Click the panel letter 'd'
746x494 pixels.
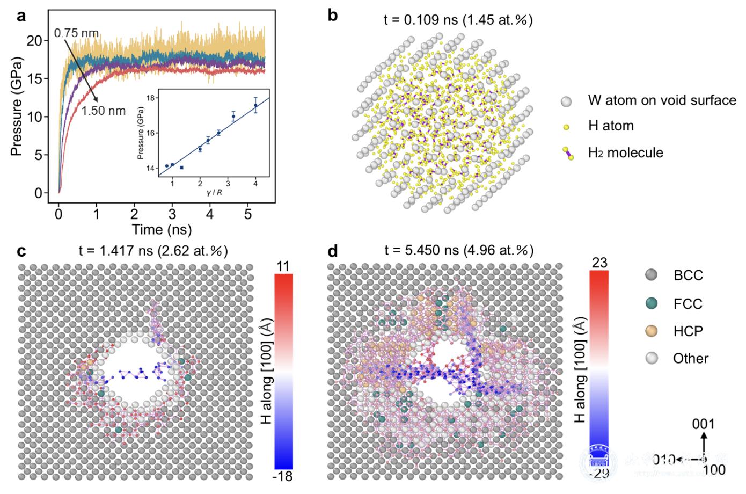(x=333, y=251)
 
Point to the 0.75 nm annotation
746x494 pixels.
(x=76, y=33)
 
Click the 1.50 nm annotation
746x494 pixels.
(x=104, y=111)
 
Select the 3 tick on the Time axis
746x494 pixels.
(x=172, y=215)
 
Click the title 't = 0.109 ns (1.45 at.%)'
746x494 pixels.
(x=458, y=20)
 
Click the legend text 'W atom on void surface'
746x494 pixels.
(x=662, y=100)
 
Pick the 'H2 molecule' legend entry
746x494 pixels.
(x=625, y=153)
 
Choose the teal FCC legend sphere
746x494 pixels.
(x=652, y=303)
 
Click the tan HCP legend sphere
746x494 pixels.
(x=652, y=331)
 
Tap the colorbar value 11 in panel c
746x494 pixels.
(x=283, y=267)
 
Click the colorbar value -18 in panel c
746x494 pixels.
(x=283, y=476)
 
